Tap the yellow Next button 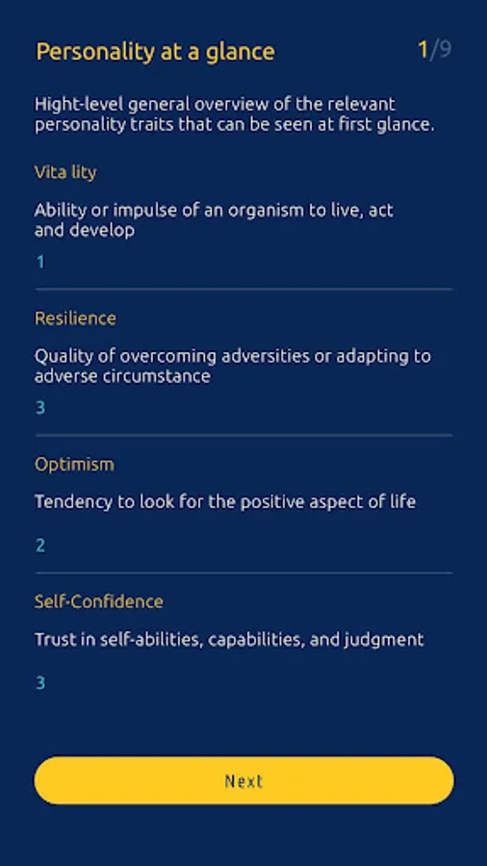pyautogui.click(x=243, y=780)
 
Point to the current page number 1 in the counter pyautogui.click(x=423, y=50)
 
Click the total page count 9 pyautogui.click(x=445, y=50)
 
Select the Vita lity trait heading pyautogui.click(x=65, y=173)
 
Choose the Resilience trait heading pyautogui.click(x=75, y=318)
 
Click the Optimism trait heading pyautogui.click(x=74, y=465)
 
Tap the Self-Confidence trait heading pyautogui.click(x=99, y=601)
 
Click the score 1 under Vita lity pyautogui.click(x=40, y=262)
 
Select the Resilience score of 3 pyautogui.click(x=40, y=408)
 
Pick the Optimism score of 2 pyautogui.click(x=40, y=546)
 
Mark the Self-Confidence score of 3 pyautogui.click(x=40, y=683)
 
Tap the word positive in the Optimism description pyautogui.click(x=282, y=502)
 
